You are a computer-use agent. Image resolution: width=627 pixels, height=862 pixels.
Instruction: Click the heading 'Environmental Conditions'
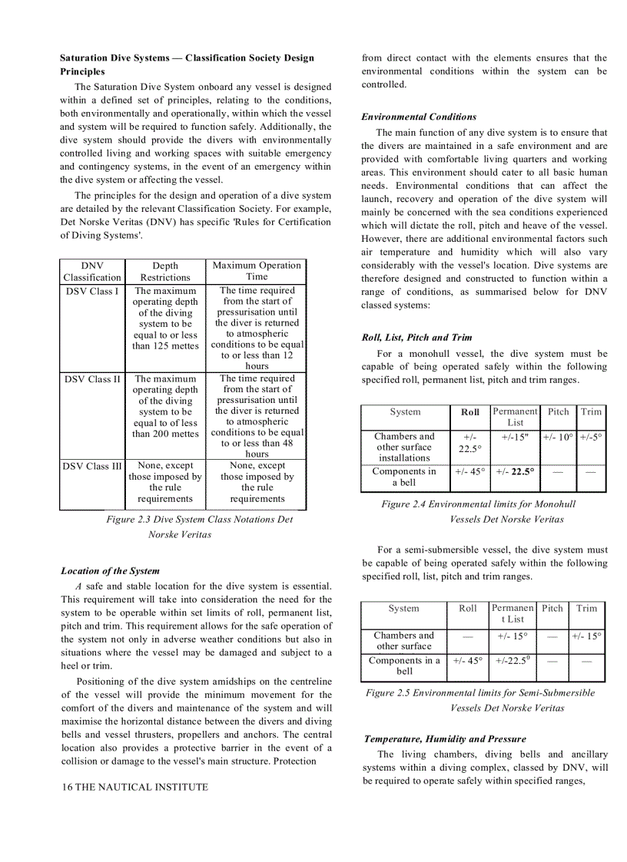click(x=419, y=117)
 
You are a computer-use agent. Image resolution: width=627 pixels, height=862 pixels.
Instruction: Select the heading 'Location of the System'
click(x=110, y=570)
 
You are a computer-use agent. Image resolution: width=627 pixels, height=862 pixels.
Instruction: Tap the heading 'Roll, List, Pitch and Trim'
click(x=416, y=337)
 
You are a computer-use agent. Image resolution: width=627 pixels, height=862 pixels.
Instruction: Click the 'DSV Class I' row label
click(x=91, y=291)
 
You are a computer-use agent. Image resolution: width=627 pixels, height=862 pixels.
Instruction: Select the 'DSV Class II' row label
click(x=93, y=378)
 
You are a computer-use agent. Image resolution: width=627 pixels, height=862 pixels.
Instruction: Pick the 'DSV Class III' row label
click(x=93, y=466)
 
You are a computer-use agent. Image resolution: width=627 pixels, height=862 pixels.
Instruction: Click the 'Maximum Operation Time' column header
click(x=257, y=271)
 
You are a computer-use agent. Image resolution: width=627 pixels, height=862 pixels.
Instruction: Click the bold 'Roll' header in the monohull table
click(x=469, y=412)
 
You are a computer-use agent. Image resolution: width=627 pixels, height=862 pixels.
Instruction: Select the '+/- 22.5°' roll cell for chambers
click(x=469, y=442)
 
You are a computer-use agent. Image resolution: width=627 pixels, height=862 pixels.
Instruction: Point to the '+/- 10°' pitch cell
click(x=558, y=437)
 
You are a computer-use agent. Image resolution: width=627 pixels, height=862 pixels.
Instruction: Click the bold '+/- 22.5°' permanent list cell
click(x=515, y=472)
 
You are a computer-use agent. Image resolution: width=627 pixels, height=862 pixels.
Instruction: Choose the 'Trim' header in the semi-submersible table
click(x=586, y=608)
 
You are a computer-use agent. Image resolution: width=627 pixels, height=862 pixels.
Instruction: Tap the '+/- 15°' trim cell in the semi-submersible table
click(x=586, y=636)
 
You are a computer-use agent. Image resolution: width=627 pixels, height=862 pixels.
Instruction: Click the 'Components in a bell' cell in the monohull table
click(x=403, y=477)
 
